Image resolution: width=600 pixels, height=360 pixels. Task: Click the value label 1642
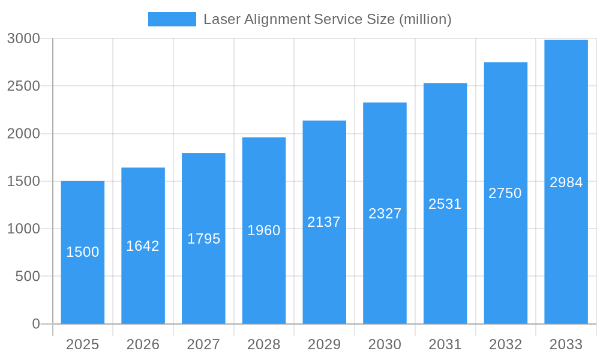(143, 246)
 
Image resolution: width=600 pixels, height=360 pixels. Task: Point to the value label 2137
(324, 222)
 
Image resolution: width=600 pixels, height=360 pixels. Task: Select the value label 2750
(505, 193)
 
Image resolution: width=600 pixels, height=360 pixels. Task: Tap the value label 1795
(204, 239)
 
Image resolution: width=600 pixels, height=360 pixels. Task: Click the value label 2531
(445, 204)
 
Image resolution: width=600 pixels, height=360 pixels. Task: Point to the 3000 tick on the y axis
(23, 38)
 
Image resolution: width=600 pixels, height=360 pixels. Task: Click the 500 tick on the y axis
(28, 277)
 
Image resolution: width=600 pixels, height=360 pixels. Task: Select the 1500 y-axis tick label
(23, 181)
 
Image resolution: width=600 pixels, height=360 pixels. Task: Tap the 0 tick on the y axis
(35, 324)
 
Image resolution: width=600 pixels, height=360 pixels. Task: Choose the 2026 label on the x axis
(143, 344)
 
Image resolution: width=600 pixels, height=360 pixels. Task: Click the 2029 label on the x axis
(324, 344)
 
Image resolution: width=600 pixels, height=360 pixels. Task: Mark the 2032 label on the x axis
(505, 344)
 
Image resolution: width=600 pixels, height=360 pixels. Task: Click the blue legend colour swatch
(172, 19)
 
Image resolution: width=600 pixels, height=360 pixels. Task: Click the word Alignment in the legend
(278, 19)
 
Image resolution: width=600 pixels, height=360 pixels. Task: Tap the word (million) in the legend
(425, 19)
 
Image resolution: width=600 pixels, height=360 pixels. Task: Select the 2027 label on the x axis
(203, 344)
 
